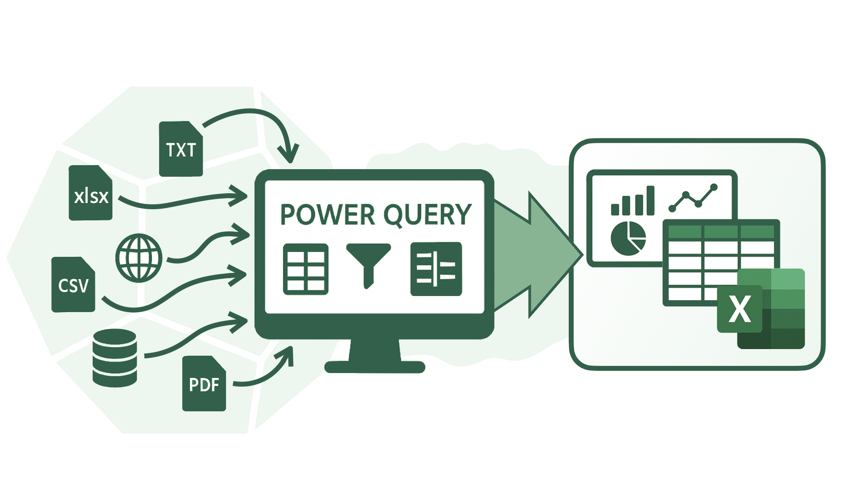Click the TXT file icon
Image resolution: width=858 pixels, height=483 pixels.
pos(181,149)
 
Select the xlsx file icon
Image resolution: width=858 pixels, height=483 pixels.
pos(91,193)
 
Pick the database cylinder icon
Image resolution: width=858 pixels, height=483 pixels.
pos(114,357)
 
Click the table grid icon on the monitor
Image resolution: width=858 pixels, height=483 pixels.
pos(306,269)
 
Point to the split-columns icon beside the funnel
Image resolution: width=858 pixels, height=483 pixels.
pos(436,269)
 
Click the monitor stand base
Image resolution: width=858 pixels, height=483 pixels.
pos(374,366)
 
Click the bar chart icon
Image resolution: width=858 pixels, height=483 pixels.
pos(632,201)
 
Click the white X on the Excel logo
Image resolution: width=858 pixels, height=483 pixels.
pos(739,309)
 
